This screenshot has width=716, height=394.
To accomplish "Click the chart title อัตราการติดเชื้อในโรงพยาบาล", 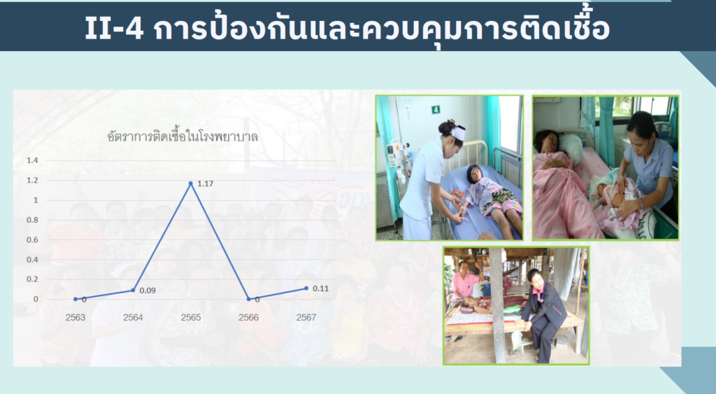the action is point(182,136).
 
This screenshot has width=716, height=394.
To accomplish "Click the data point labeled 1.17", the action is point(191,183).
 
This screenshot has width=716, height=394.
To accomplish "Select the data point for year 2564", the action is point(133,290).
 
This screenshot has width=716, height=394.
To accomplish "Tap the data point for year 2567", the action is point(306,288).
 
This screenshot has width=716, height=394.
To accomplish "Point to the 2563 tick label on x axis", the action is point(76,318).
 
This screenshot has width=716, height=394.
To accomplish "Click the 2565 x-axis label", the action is point(191,318).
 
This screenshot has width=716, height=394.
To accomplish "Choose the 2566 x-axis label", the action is point(248,318).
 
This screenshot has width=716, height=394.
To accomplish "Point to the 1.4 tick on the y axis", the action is point(32,160).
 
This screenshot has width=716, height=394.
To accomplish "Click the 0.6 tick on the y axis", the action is point(32,239).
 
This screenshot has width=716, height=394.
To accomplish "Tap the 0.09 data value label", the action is point(148,290).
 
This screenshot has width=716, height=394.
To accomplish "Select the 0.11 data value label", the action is point(320,288).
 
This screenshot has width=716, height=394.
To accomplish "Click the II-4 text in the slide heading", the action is point(114,28).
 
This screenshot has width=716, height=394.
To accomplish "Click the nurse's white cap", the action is point(459,133).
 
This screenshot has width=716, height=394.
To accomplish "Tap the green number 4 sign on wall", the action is point(436,109).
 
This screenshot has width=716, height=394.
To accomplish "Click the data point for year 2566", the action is point(248,300).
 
